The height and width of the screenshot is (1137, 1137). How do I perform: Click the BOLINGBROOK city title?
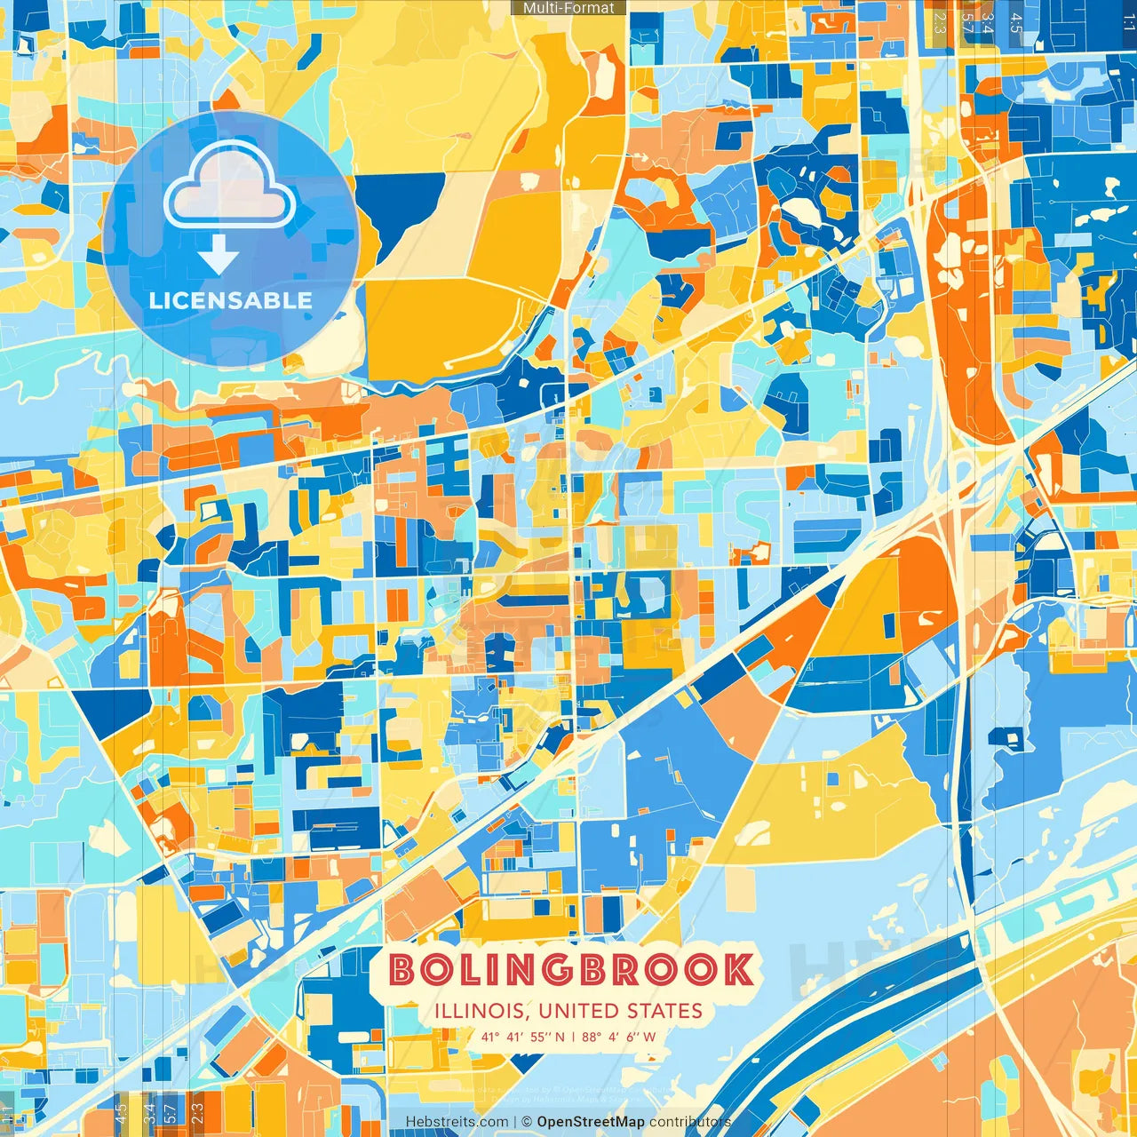pyautogui.click(x=571, y=970)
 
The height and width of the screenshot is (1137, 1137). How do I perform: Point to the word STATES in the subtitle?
pyautogui.click(x=665, y=1011)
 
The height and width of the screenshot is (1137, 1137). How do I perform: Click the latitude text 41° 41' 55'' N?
pyautogui.click(x=523, y=1037)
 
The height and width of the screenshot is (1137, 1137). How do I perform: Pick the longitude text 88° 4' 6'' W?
pyautogui.click(x=619, y=1037)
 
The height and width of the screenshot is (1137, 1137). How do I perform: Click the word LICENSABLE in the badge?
pyautogui.click(x=231, y=300)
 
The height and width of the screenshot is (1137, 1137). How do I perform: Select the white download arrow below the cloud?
pyautogui.click(x=219, y=257)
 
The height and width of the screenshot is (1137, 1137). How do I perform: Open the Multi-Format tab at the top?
pyautogui.click(x=568, y=8)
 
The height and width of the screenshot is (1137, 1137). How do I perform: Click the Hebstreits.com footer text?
pyautogui.click(x=457, y=1122)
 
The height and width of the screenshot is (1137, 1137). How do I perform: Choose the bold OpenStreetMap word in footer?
pyautogui.click(x=591, y=1122)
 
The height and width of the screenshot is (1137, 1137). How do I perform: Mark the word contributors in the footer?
pyautogui.click(x=690, y=1122)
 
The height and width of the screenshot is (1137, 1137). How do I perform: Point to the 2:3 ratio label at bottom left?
pyautogui.click(x=197, y=1110)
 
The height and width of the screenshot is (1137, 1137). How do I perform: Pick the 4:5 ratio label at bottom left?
pyautogui.click(x=122, y=1110)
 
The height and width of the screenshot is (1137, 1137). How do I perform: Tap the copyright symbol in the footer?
pyautogui.click(x=527, y=1122)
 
